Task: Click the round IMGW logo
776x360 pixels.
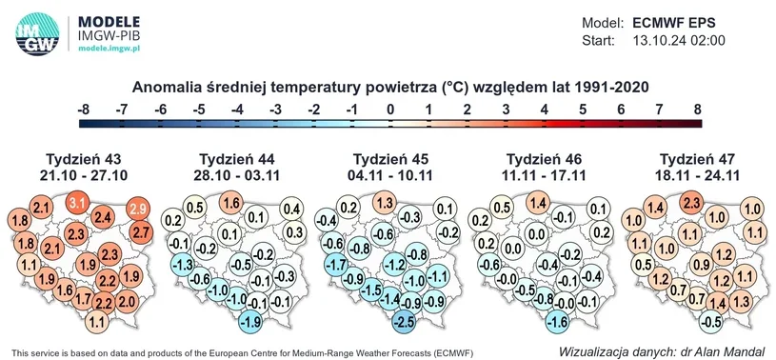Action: pyautogui.click(x=37, y=33)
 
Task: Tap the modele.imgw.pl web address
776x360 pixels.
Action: pyautogui.click(x=109, y=48)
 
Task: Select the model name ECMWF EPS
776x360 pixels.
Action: pyautogui.click(x=674, y=23)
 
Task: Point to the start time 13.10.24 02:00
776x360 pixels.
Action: pyautogui.click(x=679, y=41)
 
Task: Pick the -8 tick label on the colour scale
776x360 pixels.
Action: pyautogui.click(x=83, y=110)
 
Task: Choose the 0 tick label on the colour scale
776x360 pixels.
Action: pyautogui.click(x=390, y=110)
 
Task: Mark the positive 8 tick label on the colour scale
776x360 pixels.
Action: pyautogui.click(x=698, y=110)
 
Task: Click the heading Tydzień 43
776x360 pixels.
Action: pyautogui.click(x=83, y=159)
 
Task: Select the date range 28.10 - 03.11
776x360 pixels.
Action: pyautogui.click(x=236, y=175)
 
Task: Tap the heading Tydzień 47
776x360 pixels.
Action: pyautogui.click(x=697, y=159)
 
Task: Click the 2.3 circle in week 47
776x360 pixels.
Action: pyautogui.click(x=692, y=203)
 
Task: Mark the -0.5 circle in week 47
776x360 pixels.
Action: pyautogui.click(x=711, y=321)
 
